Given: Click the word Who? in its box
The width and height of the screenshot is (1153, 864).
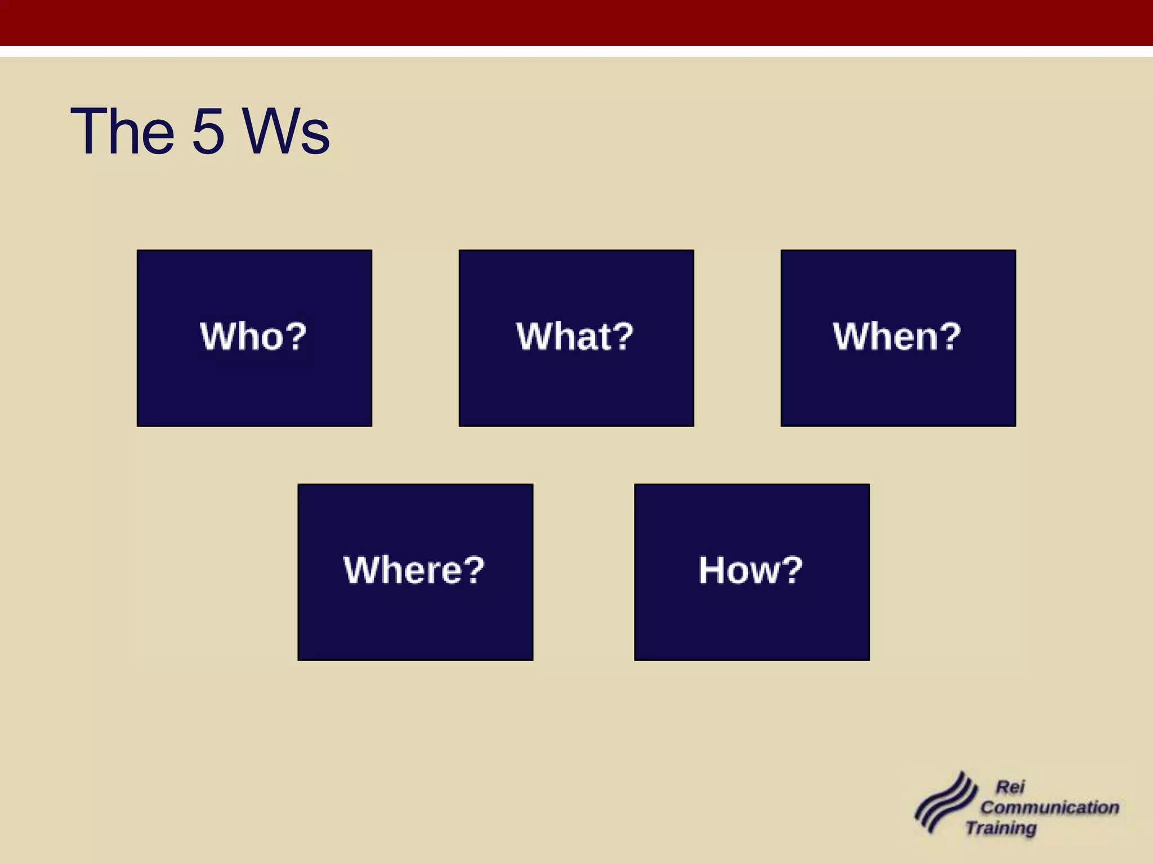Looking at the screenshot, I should [253, 336].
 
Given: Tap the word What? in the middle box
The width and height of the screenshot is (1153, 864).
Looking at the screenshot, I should [575, 336].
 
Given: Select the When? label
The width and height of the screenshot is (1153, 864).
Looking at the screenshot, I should [897, 336].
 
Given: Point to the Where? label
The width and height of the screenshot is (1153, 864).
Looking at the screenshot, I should [414, 570].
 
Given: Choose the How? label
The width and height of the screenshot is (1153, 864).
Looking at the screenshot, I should [751, 570].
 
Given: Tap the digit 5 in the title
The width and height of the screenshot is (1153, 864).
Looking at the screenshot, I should [209, 132].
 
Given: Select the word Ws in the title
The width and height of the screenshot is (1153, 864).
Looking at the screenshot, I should [287, 132].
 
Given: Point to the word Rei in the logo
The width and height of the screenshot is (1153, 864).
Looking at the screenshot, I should [1011, 787].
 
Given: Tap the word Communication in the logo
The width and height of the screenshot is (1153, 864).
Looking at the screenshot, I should [1050, 807].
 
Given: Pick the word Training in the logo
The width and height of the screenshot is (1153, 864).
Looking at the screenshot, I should [1002, 828].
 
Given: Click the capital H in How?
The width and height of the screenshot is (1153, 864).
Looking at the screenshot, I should [712, 570].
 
